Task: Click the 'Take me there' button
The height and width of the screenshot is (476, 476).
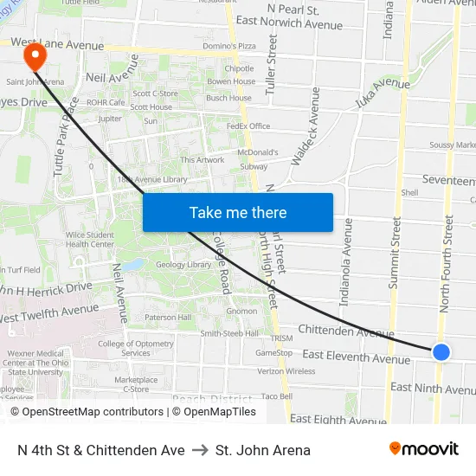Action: [x=238, y=213]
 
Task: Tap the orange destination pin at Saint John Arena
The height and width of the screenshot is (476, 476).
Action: [x=35, y=56]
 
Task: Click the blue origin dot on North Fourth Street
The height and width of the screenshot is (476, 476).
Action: [x=441, y=351]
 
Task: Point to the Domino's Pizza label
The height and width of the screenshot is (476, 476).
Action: [x=229, y=45]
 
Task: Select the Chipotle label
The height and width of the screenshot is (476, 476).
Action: [x=239, y=68]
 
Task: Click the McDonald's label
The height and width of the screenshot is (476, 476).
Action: [x=257, y=152]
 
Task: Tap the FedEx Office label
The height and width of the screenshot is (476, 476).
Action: [x=248, y=126]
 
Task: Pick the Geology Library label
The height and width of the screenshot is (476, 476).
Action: [x=184, y=265]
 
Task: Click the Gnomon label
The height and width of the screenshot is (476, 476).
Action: [x=241, y=311]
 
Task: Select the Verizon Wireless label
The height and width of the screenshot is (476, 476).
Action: [x=286, y=371]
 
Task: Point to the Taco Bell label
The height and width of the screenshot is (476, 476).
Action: [x=277, y=396]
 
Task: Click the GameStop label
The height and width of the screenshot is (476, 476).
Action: [x=273, y=353]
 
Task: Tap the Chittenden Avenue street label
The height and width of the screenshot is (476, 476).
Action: [x=346, y=332]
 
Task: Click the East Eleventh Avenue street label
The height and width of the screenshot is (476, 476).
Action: [x=357, y=357]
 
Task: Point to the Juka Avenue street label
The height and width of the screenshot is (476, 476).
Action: [x=382, y=84]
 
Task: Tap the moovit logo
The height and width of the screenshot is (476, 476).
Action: [x=424, y=449]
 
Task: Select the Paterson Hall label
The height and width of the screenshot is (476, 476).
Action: [x=168, y=318]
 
